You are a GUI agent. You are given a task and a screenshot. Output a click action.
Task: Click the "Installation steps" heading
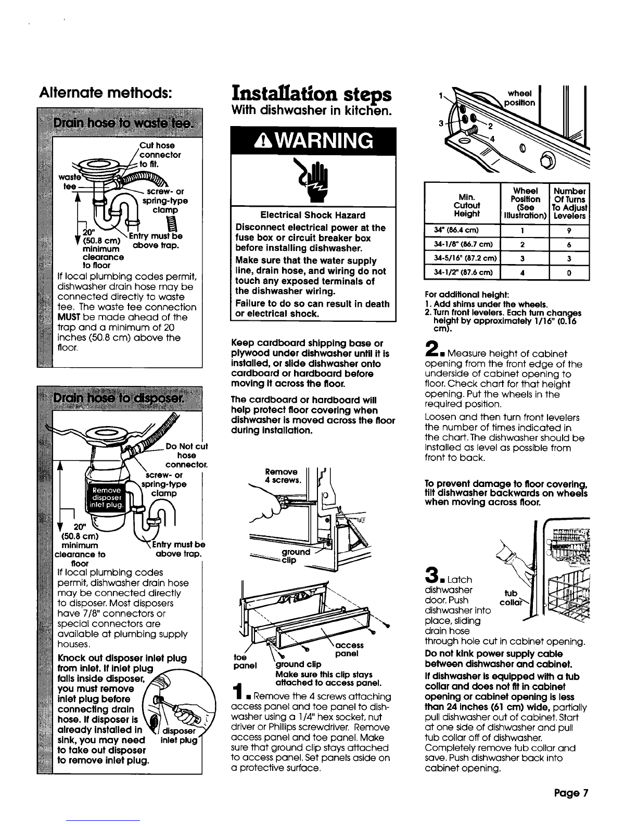(x=311, y=94)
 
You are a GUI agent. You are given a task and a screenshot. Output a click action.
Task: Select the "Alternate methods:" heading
(x=106, y=92)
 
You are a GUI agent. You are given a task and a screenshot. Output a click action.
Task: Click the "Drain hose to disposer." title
(x=118, y=398)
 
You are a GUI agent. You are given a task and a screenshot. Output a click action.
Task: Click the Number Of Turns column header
(x=569, y=203)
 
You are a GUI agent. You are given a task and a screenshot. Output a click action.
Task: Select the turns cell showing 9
(x=569, y=230)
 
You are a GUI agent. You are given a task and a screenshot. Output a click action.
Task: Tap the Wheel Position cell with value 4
(x=523, y=272)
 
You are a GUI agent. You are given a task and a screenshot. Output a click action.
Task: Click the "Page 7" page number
(x=571, y=793)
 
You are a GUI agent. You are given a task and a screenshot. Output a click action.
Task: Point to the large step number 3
(x=432, y=575)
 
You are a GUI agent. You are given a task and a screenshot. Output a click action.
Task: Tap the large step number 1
(x=238, y=692)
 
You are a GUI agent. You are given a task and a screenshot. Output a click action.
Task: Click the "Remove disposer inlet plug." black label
(x=106, y=497)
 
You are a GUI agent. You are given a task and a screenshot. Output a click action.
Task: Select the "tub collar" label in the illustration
(x=511, y=597)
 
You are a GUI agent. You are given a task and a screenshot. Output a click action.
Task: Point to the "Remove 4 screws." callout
(x=283, y=476)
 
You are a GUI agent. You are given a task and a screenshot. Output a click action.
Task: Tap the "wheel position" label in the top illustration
(x=519, y=98)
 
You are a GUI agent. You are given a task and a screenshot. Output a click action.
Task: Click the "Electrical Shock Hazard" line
(x=313, y=215)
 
